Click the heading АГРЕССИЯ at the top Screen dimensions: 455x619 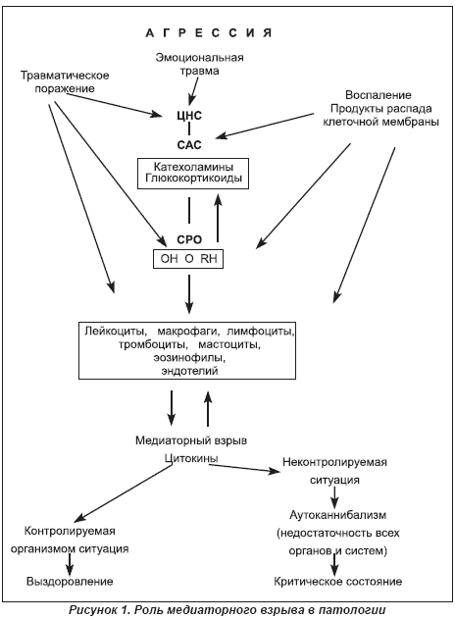pyautogui.click(x=209, y=33)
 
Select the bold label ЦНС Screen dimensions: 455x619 pyautogui.click(x=189, y=116)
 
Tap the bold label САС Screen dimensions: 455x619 pyautogui.click(x=189, y=145)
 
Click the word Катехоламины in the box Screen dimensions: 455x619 pyautogui.click(x=193, y=166)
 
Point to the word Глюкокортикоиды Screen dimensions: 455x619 pyautogui.click(x=193, y=178)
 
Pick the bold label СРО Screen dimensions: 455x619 pyautogui.click(x=189, y=239)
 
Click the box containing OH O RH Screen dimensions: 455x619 pyautogui.click(x=188, y=259)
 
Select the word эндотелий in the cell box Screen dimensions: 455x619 pyautogui.click(x=189, y=371)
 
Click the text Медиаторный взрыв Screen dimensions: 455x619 pyautogui.click(x=191, y=440)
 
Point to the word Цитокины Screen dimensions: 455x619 pyautogui.click(x=191, y=458)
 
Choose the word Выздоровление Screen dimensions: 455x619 pyautogui.click(x=70, y=582)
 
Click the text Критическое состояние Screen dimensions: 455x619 pyautogui.click(x=337, y=582)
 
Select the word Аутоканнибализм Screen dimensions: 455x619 pyautogui.click(x=337, y=515)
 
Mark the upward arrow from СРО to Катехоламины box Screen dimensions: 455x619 pyautogui.click(x=218, y=217)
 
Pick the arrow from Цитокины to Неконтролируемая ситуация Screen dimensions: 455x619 pyautogui.click(x=244, y=468)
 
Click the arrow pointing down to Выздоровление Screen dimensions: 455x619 pyautogui.click(x=70, y=564)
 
